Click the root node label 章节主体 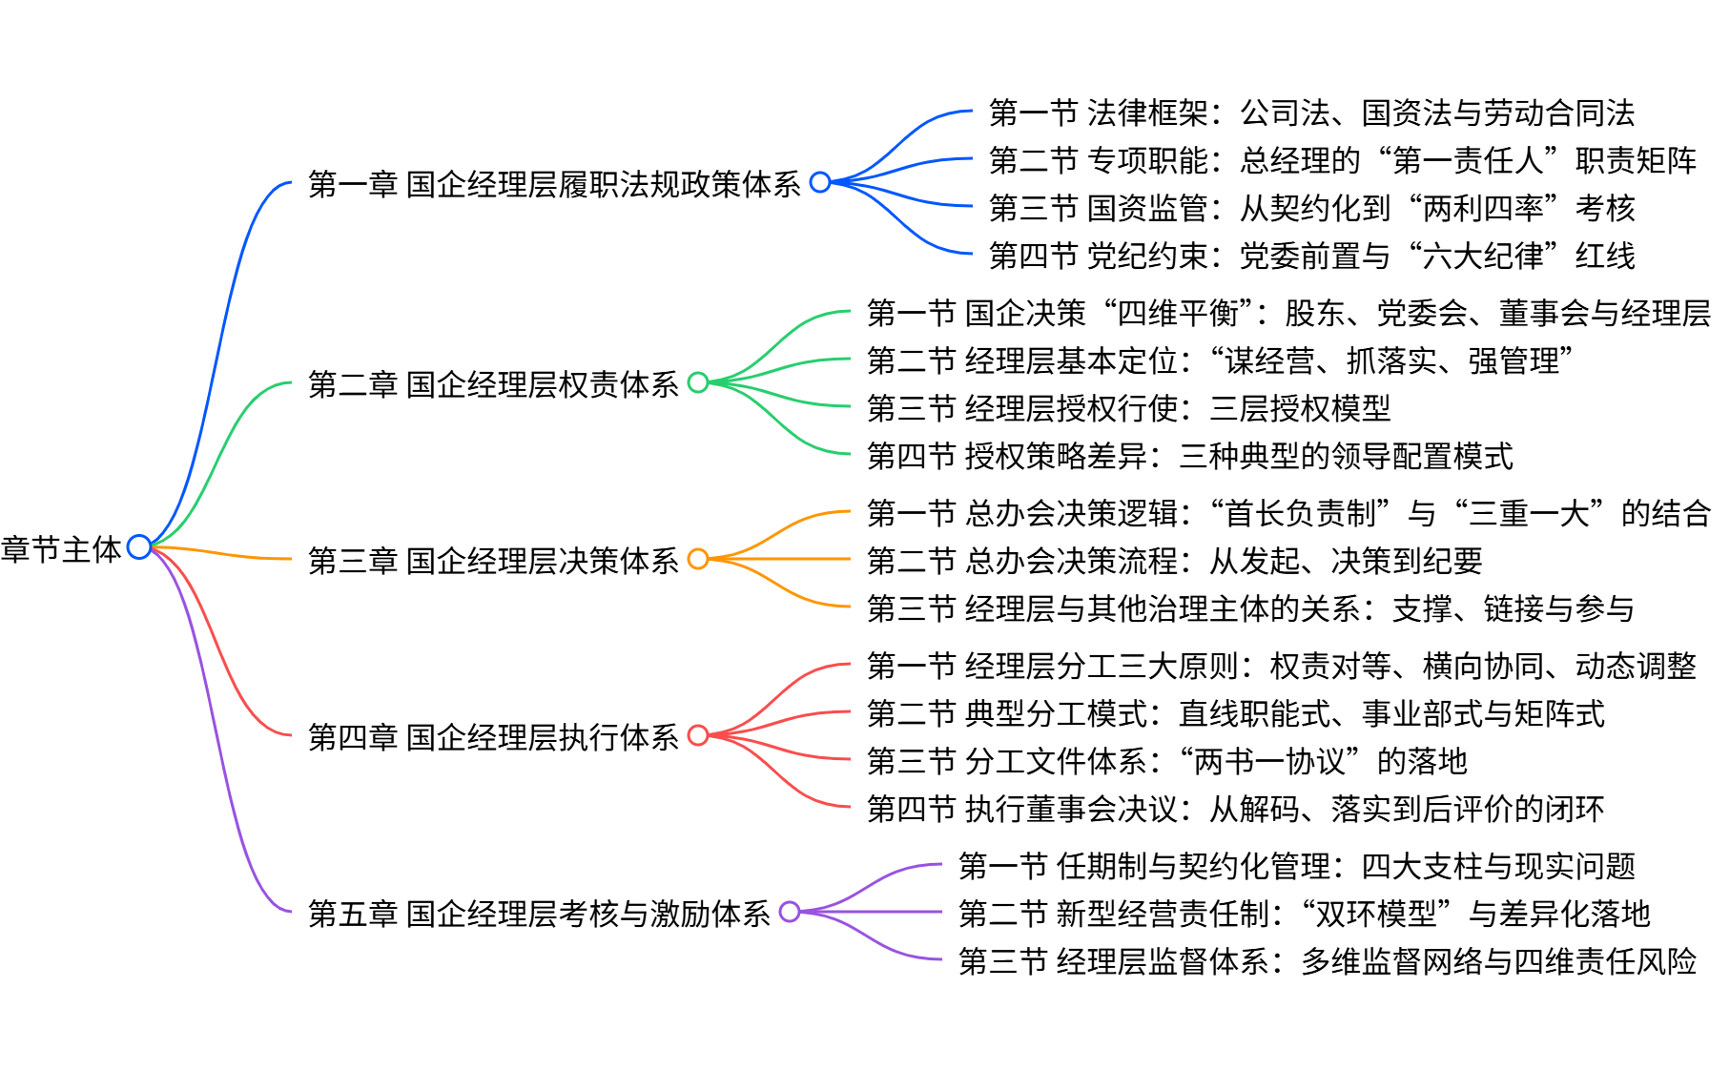(61, 549)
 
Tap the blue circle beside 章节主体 (139, 546)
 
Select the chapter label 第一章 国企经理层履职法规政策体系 (554, 184)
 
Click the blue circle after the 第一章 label (820, 182)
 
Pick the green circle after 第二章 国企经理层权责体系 (698, 382)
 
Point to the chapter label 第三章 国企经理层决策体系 (493, 561)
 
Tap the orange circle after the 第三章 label (698, 559)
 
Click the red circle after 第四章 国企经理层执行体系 (698, 735)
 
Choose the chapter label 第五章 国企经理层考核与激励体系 (539, 914)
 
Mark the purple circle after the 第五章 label (790, 912)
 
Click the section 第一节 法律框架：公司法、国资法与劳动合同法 (1311, 113)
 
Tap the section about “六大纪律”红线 (1311, 256)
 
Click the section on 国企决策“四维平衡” (1288, 313)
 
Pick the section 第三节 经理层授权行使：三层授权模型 (1128, 408)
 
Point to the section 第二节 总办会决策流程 (1174, 561)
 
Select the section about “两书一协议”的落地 (1166, 761)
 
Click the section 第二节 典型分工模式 (1235, 713)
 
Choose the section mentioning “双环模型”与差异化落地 (1304, 914)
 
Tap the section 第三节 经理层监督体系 (1327, 961)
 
